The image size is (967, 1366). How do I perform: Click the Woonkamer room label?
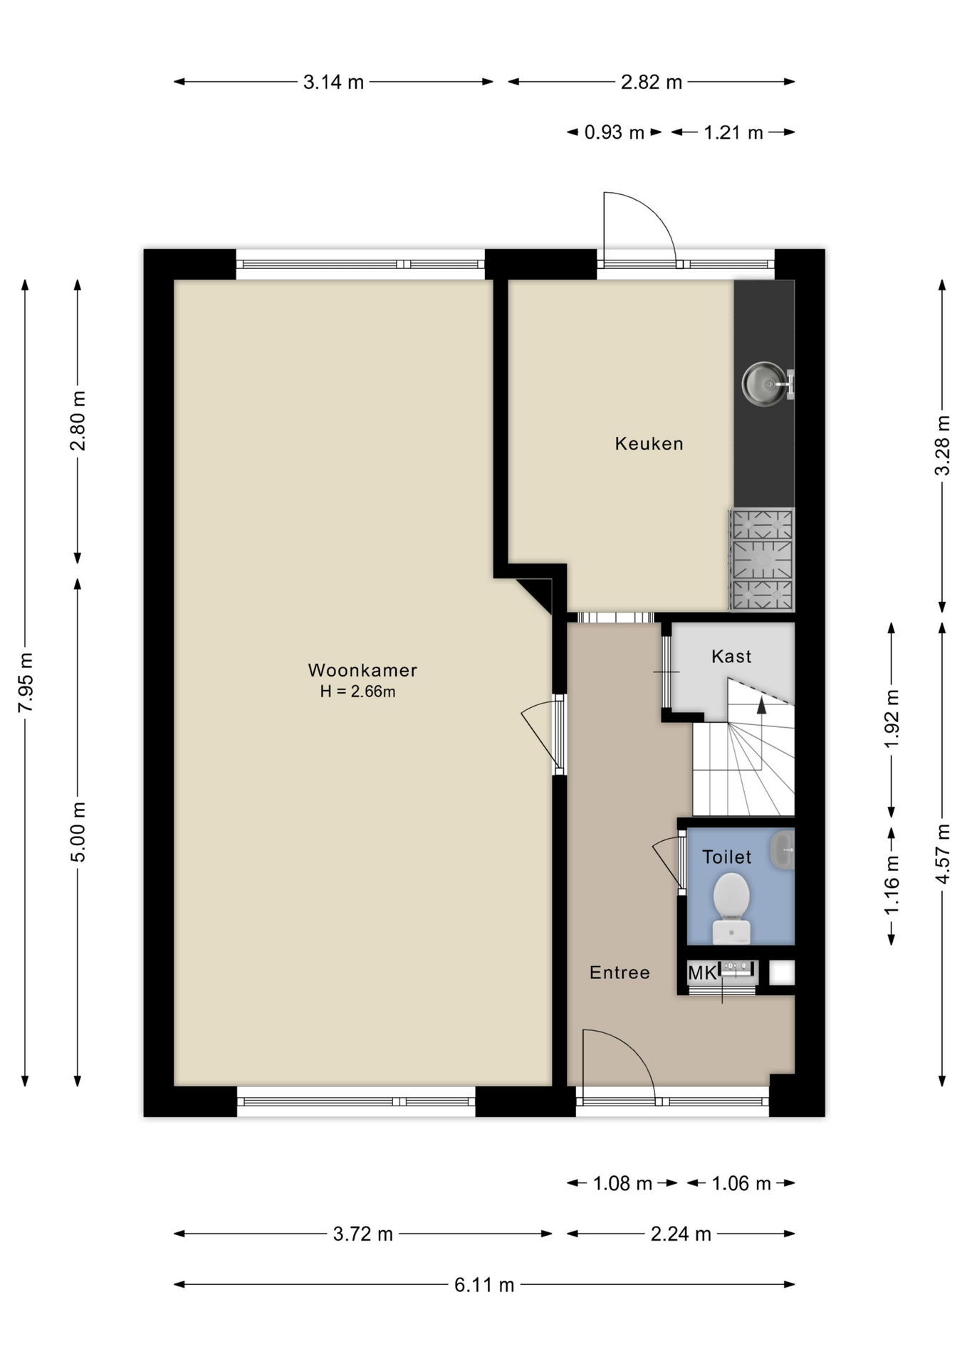click(362, 670)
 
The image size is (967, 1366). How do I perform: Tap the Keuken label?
click(649, 444)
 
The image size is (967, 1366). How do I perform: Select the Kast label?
click(731, 656)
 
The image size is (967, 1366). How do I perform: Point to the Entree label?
click(620, 973)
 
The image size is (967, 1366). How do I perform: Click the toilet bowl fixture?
click(731, 908)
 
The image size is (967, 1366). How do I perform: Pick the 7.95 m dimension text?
click(26, 682)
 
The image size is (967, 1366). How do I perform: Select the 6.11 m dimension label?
click(484, 1285)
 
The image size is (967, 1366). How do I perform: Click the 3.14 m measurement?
click(333, 82)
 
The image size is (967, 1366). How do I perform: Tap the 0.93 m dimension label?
click(614, 132)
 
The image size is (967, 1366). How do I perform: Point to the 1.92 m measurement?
click(892, 719)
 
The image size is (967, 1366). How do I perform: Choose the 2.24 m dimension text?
click(681, 1234)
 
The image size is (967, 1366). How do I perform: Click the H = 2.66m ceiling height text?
click(357, 692)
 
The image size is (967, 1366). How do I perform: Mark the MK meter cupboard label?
click(702, 973)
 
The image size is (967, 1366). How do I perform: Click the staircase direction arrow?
click(761, 705)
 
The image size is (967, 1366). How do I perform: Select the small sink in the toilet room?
click(783, 849)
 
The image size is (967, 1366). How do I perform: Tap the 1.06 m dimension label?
click(741, 1184)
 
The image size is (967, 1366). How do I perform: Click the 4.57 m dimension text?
click(942, 854)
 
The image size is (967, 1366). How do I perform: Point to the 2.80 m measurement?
click(78, 420)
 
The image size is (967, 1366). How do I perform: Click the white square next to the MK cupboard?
click(781, 973)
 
